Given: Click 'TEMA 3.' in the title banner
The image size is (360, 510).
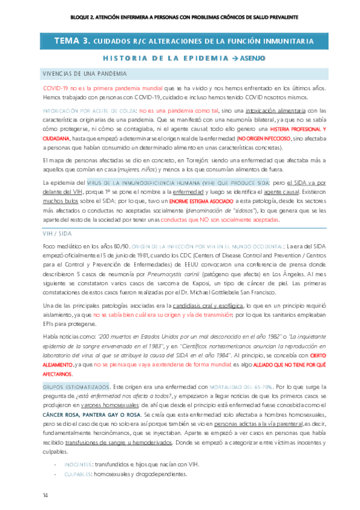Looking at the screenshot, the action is tap(72, 41).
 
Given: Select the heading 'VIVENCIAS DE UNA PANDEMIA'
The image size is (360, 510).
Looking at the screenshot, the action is tap(84, 73).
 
